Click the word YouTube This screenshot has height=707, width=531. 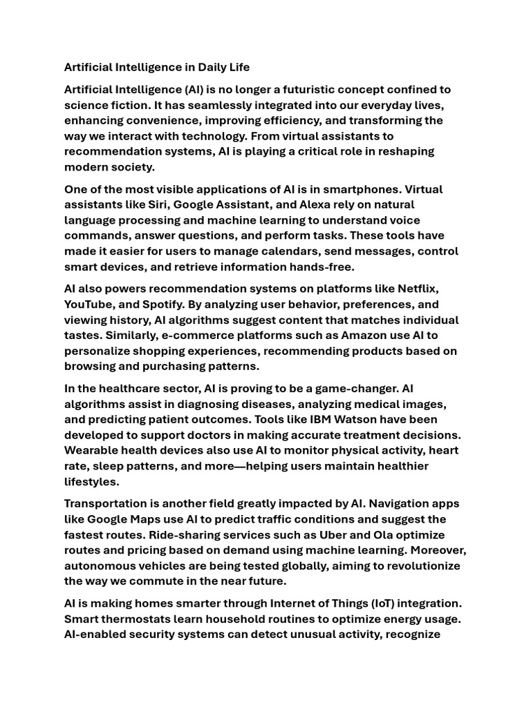(x=90, y=304)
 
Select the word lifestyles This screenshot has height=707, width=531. (x=91, y=481)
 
